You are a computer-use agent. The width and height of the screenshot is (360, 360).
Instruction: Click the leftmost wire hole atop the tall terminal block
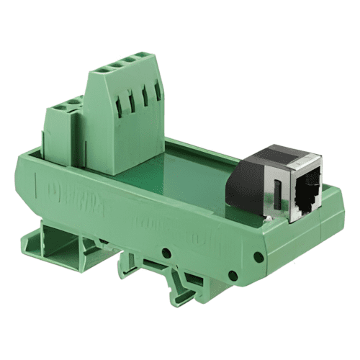102,71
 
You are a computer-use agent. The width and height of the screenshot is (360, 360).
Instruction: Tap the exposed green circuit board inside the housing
194,173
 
